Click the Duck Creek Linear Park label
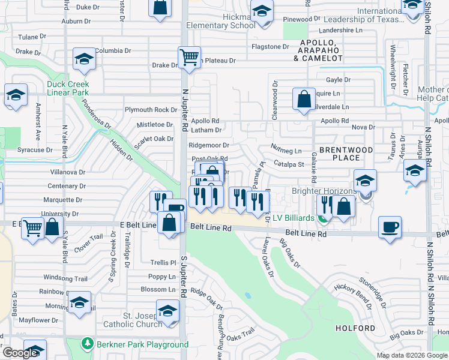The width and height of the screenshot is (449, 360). (x=68, y=88)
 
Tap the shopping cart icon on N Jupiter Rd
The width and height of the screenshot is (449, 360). (x=189, y=58)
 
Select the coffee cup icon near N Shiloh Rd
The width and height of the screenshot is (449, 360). (x=390, y=227)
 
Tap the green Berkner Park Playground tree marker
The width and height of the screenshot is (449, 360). (x=87, y=344)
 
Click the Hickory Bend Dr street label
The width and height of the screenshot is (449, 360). (x=354, y=293)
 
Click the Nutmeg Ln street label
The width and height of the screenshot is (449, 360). (x=286, y=151)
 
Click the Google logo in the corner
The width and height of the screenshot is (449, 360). (x=20, y=353)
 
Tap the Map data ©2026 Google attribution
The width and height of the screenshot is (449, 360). (x=412, y=355)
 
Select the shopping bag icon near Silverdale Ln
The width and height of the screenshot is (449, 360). (x=304, y=98)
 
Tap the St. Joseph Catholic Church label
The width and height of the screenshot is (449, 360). (x=135, y=320)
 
